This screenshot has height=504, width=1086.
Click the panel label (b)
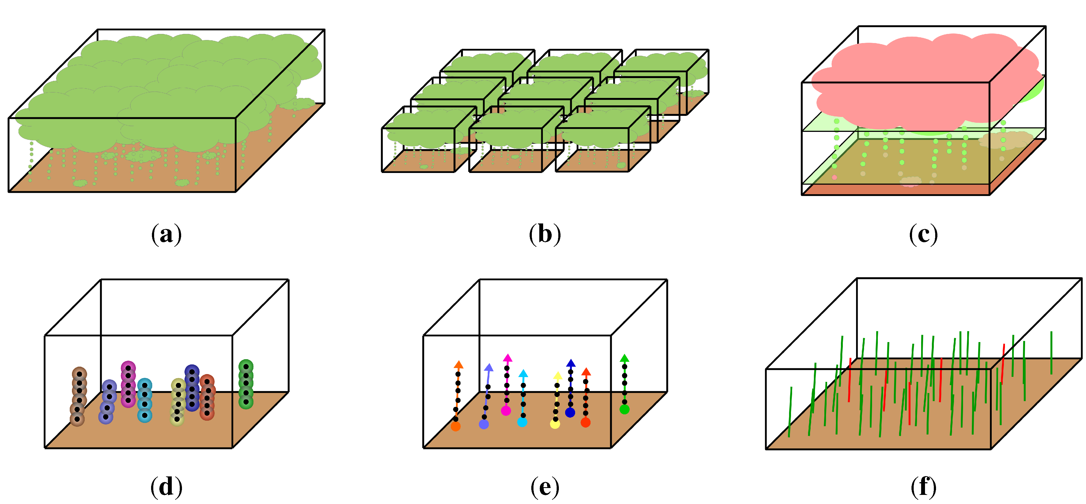pos(545,234)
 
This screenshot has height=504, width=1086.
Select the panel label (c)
pos(923,234)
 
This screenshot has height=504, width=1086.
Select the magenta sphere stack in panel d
pos(128,384)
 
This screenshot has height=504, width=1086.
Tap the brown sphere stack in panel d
pos(78,396)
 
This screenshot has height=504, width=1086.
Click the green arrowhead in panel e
pos(624,359)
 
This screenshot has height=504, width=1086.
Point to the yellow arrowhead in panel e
pos(557,376)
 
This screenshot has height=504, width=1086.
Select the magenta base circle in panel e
pos(506,411)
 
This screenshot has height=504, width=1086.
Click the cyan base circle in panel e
pos(522,422)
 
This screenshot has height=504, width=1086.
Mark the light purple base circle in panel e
pos(484,424)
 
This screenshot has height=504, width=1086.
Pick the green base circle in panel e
pos(624,409)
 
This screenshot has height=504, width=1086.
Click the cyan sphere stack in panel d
pos(144,400)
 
